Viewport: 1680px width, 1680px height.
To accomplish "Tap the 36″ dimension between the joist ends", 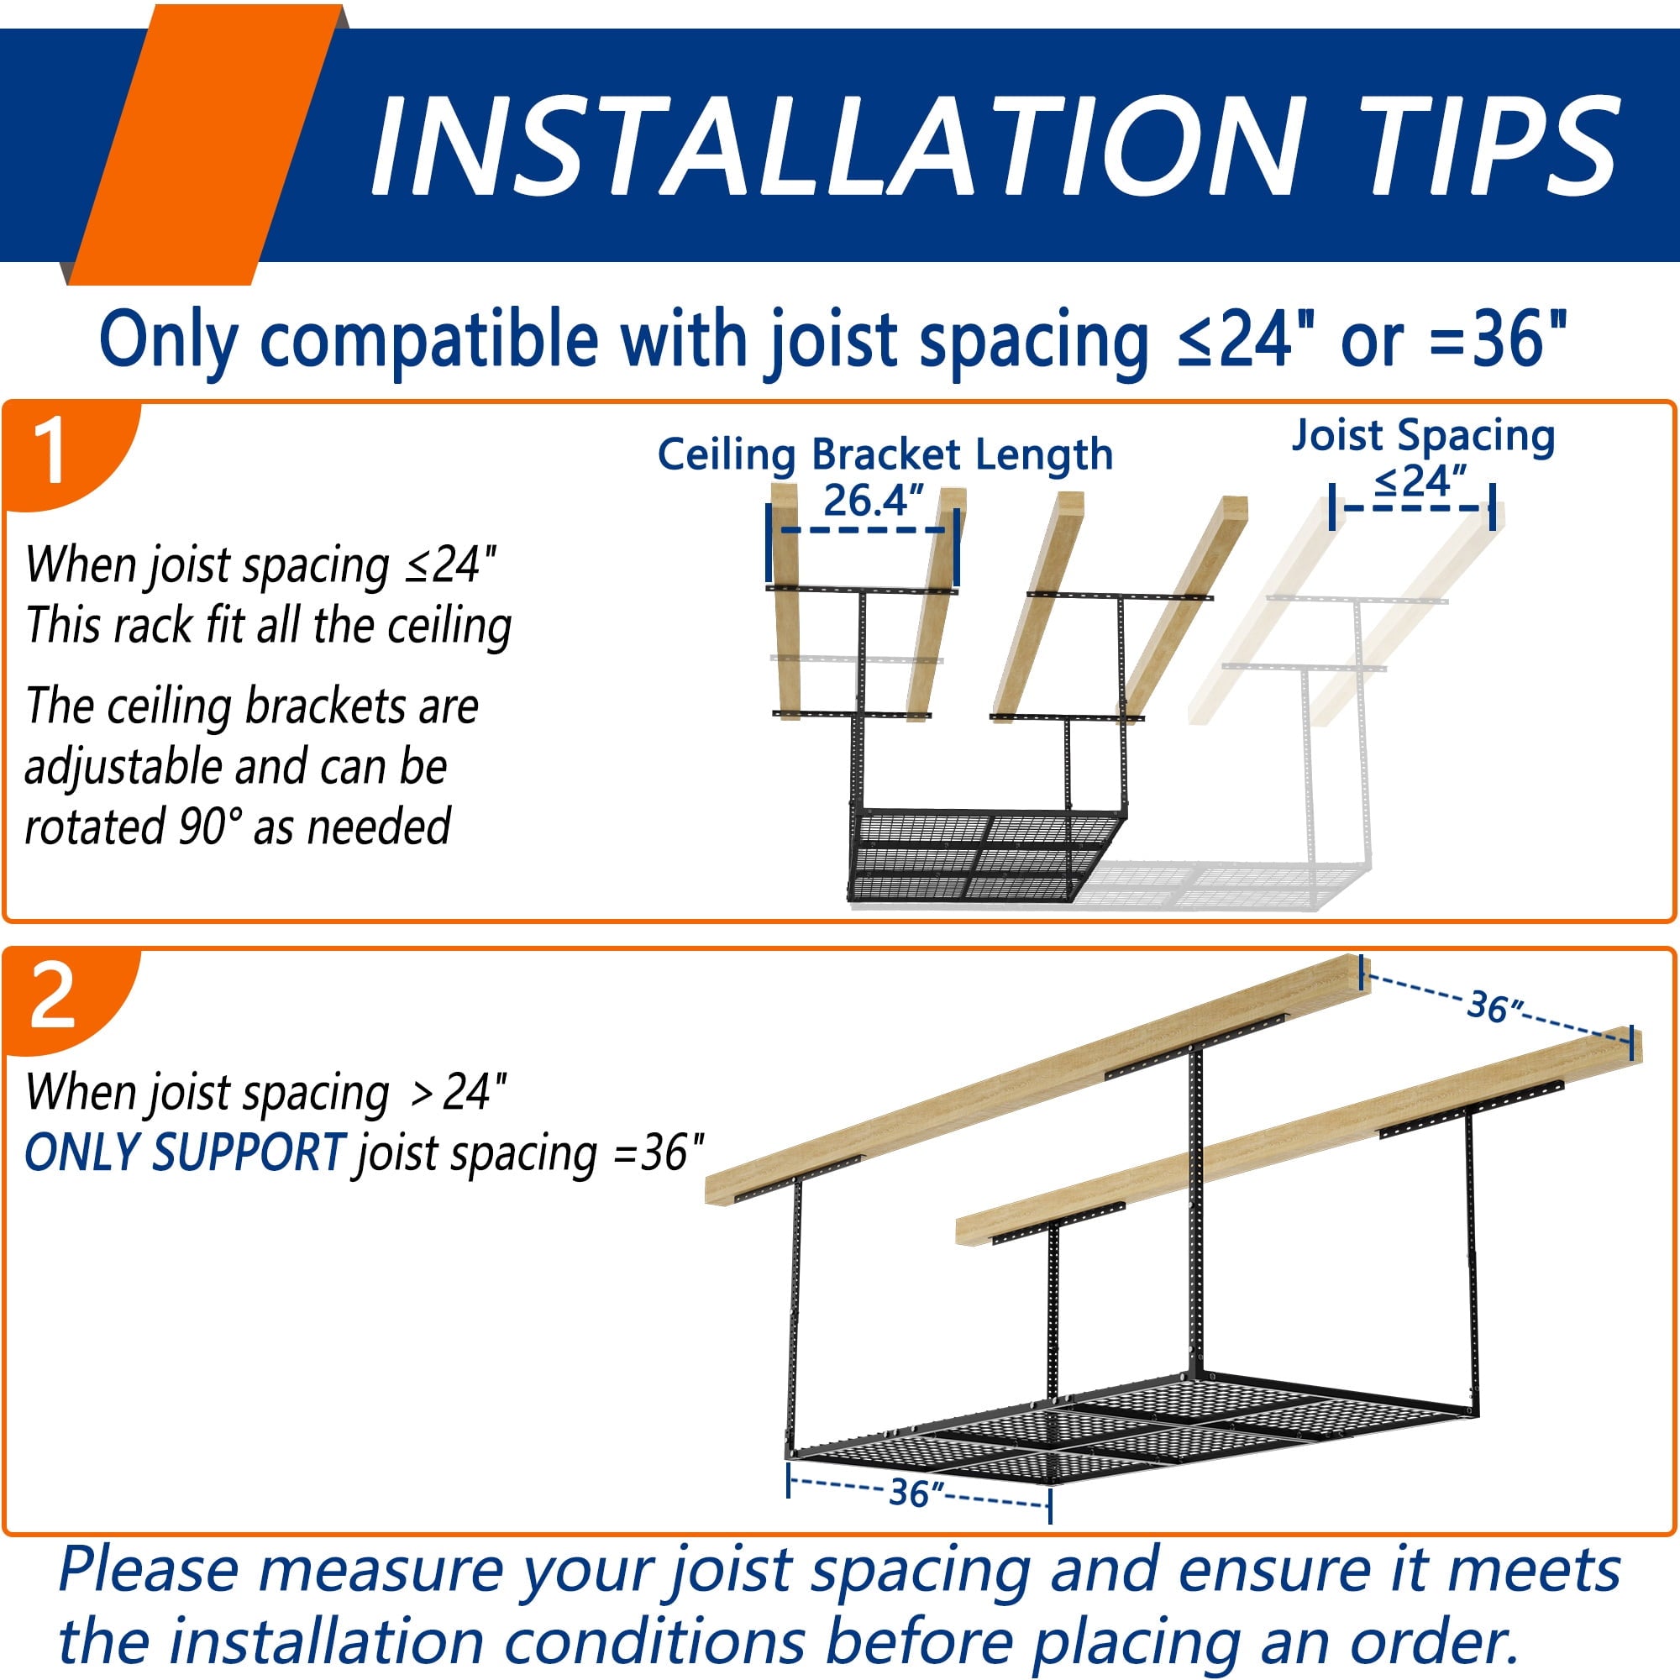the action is [1496, 1008].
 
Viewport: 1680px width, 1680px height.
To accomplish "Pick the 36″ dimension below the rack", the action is [916, 1493].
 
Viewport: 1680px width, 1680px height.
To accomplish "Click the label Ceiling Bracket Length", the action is [885, 454].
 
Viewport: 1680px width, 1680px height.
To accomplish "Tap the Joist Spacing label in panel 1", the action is [1423, 436].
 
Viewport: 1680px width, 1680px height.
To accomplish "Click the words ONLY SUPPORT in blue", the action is [184, 1154].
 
